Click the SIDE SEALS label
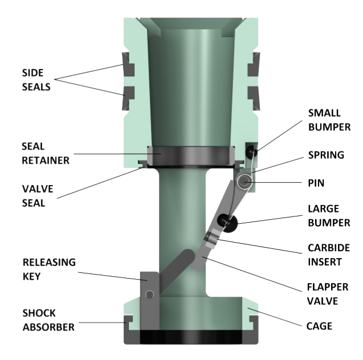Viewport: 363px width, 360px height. coord(36,80)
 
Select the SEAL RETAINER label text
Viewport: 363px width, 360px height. coord(46,153)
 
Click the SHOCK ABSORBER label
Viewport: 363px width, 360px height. coord(48,320)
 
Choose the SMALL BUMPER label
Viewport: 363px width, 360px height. coord(329,119)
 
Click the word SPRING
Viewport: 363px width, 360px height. coord(325,155)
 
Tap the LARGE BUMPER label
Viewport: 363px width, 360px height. coord(329,216)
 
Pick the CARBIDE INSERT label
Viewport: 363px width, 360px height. coord(329,255)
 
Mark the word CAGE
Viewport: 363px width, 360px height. coord(319,326)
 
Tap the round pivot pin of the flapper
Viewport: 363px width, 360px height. coord(246,182)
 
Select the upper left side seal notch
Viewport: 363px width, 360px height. coord(128,68)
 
